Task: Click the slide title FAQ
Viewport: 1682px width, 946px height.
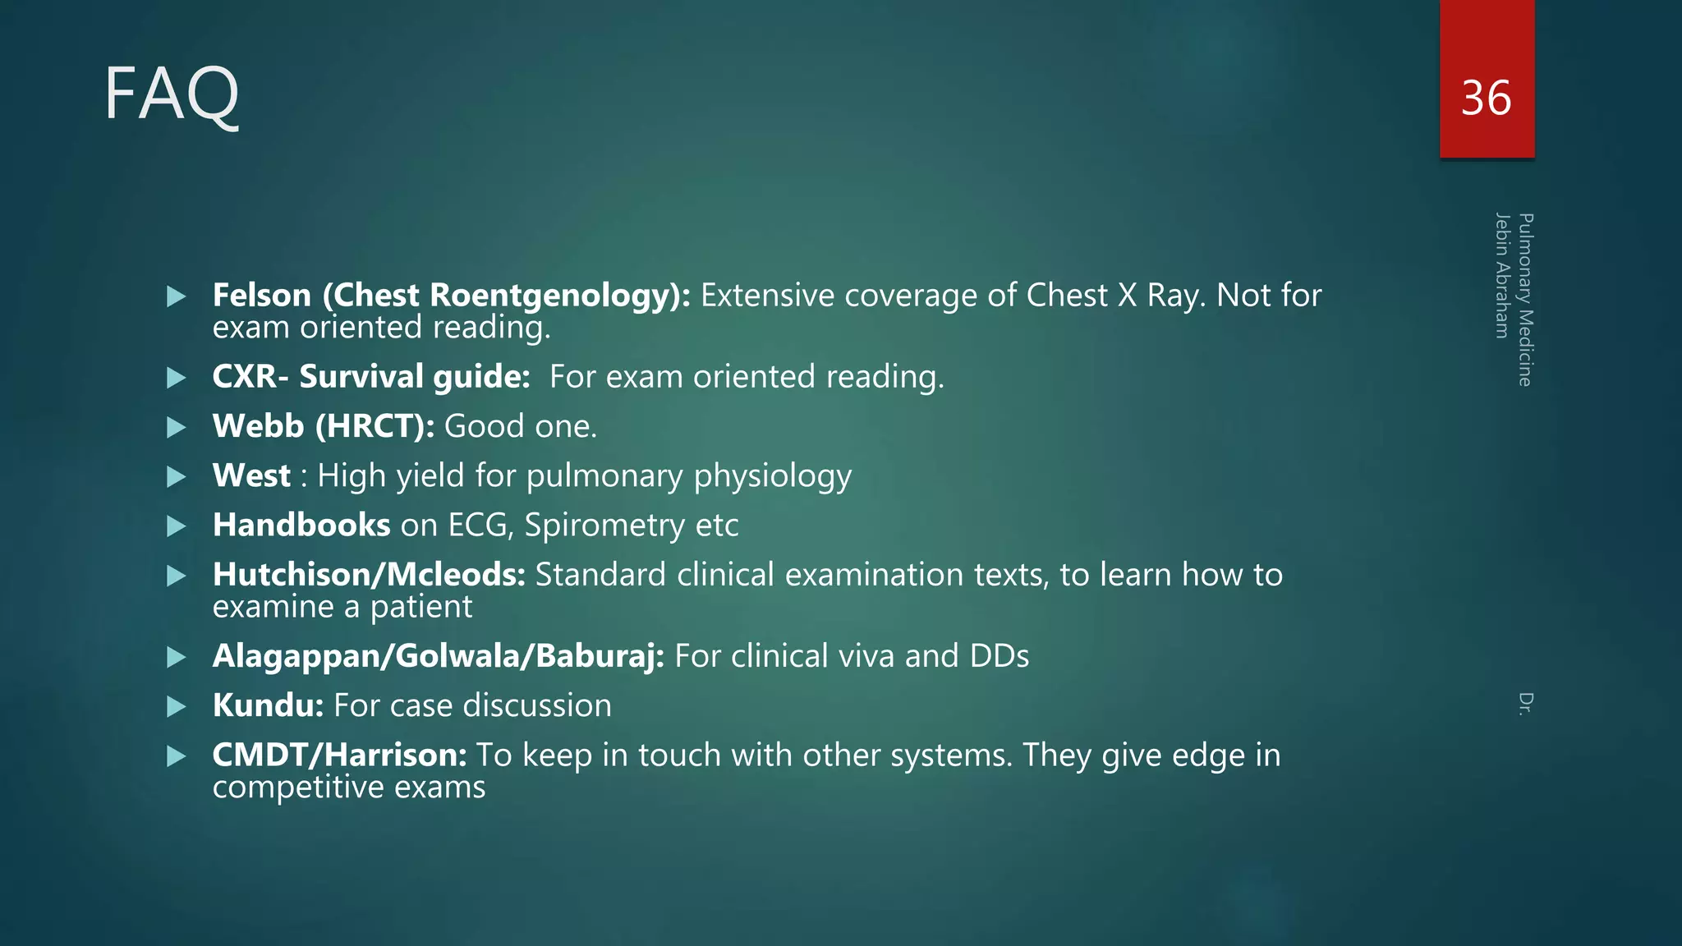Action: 172,94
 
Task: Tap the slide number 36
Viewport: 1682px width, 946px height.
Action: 1486,99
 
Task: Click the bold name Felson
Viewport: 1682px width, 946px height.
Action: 262,296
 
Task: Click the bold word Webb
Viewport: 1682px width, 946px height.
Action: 259,426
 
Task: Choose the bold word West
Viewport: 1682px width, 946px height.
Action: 251,475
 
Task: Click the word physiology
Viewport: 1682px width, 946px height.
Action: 772,477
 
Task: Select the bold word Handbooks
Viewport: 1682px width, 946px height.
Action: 301,525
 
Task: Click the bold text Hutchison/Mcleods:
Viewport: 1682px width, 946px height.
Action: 369,575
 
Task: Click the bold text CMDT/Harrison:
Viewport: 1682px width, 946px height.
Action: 339,755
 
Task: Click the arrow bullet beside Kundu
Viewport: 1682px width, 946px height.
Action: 177,706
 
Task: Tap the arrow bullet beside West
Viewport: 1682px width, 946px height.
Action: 177,476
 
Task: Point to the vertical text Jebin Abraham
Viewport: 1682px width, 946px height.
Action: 1502,275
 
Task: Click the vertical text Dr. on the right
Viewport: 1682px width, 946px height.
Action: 1525,704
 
